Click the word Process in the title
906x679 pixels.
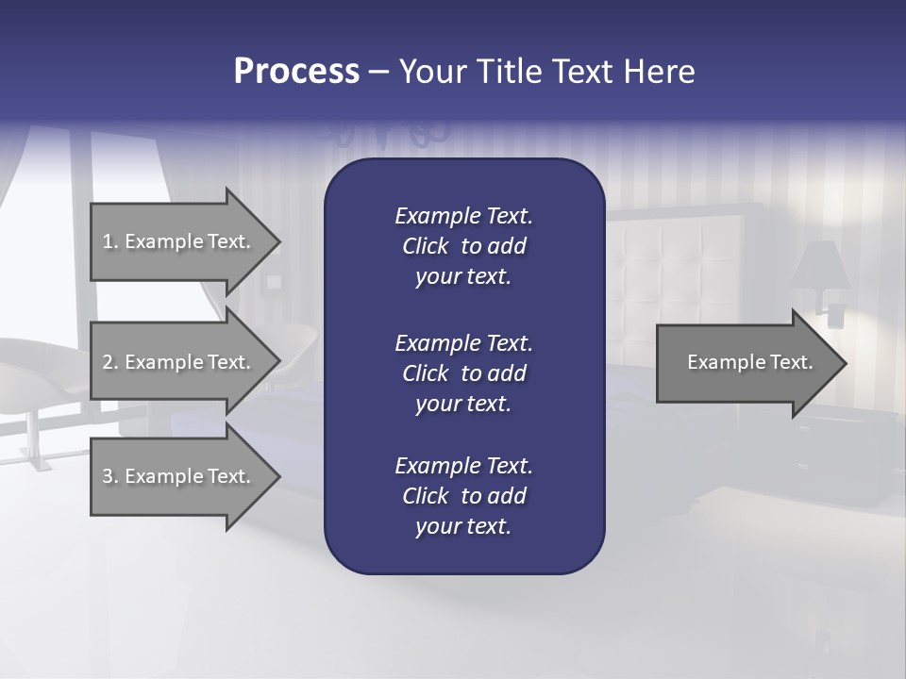coord(296,72)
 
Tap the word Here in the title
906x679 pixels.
coord(659,72)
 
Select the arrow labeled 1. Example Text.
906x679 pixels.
coord(179,241)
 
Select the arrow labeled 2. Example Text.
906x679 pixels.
coord(179,362)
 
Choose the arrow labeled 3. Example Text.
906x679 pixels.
coord(179,476)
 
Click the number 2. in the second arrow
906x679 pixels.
coord(110,362)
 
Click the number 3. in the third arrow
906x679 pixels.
coord(110,476)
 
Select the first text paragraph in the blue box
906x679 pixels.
coord(463,246)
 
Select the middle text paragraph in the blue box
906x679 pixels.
coord(463,373)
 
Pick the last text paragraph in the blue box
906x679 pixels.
coord(463,496)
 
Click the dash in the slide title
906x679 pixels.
coord(379,72)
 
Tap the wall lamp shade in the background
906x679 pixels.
coord(819,266)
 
